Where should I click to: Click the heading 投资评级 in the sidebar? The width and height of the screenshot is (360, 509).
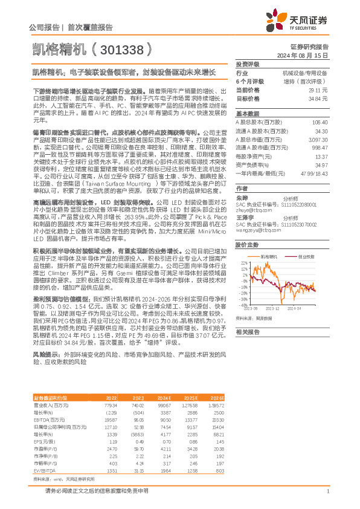pyautogui.click(x=248, y=63)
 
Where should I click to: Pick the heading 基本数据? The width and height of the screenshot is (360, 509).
pyautogui.click(x=248, y=114)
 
